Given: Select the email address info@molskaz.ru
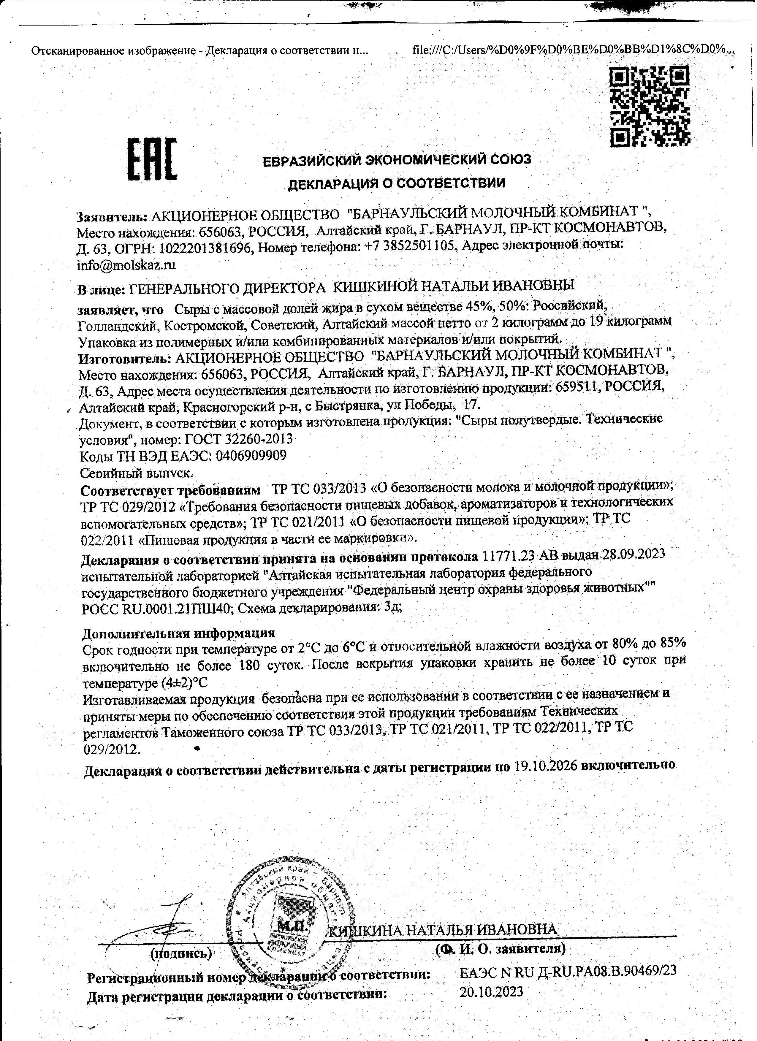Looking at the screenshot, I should tap(126, 265).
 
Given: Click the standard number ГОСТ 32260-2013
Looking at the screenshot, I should tap(238, 439).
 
